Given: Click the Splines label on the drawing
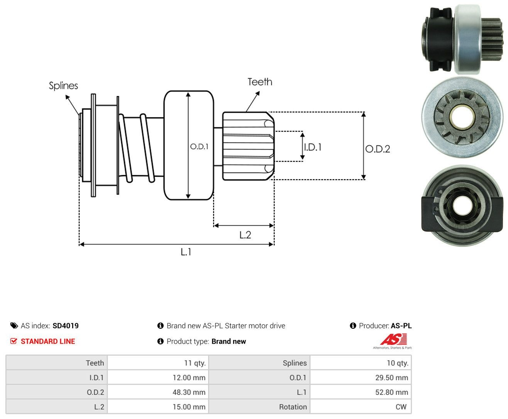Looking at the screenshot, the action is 63,86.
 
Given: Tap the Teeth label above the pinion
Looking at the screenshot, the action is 259,82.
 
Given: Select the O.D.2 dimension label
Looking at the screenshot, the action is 378,149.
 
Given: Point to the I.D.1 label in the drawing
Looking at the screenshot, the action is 313,147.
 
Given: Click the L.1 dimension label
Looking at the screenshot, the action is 186,252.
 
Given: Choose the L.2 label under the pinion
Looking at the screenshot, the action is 245,235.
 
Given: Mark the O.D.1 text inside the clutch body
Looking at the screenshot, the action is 199,146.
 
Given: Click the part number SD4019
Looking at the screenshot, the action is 66,326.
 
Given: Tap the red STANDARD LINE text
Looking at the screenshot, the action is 48,341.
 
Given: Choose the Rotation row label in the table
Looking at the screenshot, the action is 293,407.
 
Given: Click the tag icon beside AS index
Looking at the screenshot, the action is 14,326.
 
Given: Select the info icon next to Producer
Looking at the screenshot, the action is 353,326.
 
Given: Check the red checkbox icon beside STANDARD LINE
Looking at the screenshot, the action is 14,341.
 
